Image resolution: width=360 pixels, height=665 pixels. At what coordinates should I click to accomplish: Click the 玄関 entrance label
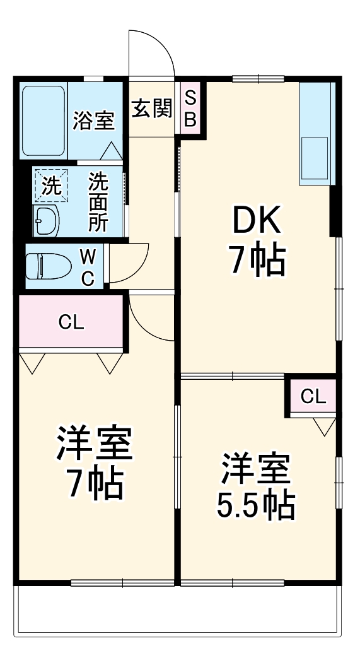[151, 109]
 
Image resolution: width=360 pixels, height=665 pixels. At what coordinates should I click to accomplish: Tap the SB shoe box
[190, 108]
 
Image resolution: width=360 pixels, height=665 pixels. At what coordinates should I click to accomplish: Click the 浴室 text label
[93, 120]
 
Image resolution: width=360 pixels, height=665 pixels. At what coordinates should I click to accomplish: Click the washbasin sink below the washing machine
[45, 220]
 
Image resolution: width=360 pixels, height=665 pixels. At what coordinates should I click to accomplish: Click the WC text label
[89, 267]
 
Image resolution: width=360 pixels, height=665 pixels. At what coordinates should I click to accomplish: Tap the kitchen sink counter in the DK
[315, 134]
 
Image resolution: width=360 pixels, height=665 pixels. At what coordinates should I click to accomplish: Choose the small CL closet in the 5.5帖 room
[313, 396]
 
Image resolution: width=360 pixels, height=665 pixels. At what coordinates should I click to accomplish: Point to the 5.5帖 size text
[256, 504]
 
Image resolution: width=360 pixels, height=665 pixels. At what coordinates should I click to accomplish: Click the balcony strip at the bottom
[179, 612]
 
